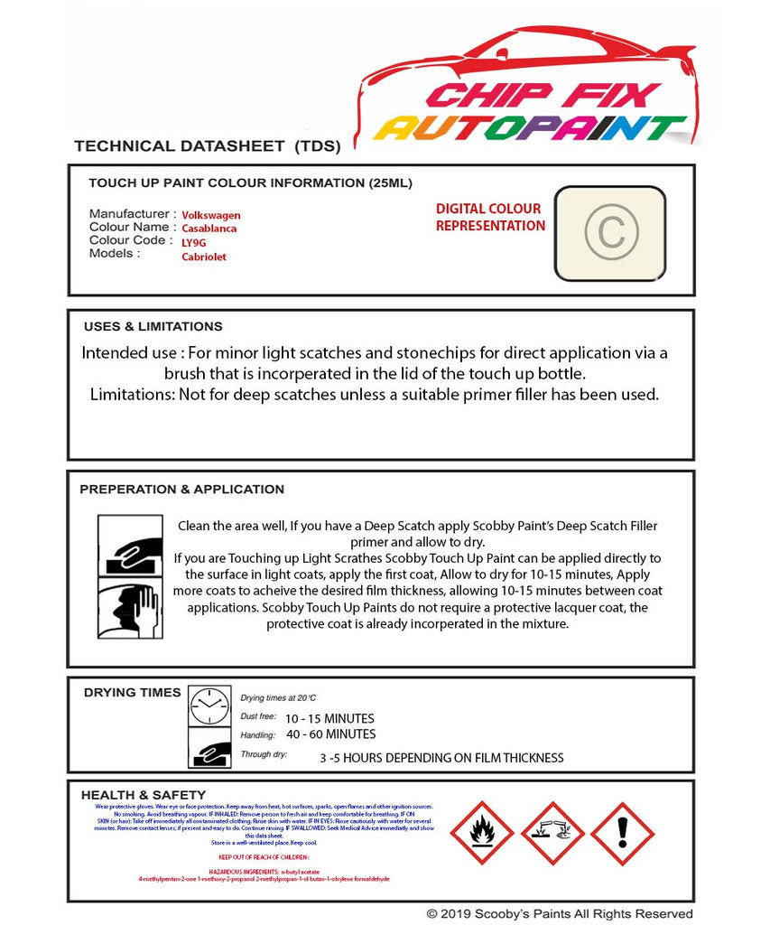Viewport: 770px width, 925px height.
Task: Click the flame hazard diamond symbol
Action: (x=482, y=833)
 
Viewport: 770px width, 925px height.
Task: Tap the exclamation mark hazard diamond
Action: (x=623, y=833)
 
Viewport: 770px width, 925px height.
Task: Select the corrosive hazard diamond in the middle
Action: (x=552, y=833)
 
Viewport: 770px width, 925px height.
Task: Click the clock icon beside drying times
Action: (x=209, y=705)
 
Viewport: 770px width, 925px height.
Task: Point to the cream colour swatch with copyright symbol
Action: (x=609, y=232)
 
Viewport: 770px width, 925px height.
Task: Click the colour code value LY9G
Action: (x=194, y=242)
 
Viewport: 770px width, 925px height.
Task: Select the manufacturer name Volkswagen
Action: (x=211, y=215)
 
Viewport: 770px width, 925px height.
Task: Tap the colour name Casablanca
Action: (x=209, y=229)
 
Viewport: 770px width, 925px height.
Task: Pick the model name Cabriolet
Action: (x=204, y=257)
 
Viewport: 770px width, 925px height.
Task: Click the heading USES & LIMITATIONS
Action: (x=153, y=326)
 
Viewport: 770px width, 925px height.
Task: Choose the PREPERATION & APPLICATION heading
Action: (x=181, y=489)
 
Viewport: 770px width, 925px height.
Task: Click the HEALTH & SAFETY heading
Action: (x=144, y=795)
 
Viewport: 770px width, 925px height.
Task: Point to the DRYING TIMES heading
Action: (x=132, y=692)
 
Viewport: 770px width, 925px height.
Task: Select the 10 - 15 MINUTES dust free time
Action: (x=329, y=718)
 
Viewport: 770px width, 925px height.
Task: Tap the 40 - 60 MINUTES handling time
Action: (x=330, y=733)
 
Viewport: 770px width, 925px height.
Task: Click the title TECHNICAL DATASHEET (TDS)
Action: (x=207, y=145)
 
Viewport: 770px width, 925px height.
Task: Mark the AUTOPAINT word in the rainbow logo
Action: (x=531, y=128)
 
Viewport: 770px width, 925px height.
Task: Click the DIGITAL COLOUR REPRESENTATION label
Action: (x=489, y=217)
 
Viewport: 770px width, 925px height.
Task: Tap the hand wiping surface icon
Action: (x=130, y=546)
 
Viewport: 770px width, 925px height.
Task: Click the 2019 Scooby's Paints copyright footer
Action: (x=560, y=914)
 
